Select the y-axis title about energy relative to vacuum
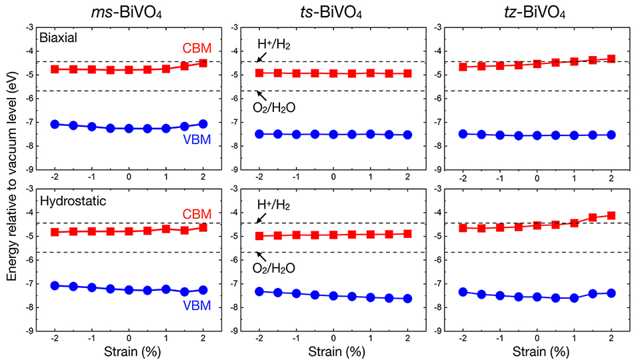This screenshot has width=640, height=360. [x=11, y=180]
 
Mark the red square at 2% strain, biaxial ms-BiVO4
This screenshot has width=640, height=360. [x=203, y=63]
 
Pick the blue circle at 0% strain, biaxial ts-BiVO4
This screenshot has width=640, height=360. [x=333, y=134]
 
